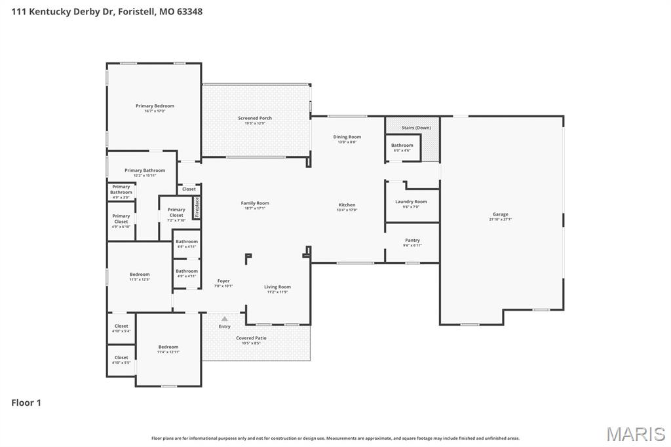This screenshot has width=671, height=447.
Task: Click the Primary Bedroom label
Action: point(155,106)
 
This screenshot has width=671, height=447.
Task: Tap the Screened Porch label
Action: point(255,119)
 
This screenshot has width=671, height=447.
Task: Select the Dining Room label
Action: point(347,137)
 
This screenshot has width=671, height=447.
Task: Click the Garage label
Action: point(500,214)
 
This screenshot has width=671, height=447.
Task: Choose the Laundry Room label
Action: point(411,202)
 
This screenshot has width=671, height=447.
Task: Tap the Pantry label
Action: point(412,241)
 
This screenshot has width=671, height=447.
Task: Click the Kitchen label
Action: point(347,205)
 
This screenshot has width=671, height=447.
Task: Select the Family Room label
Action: point(255,203)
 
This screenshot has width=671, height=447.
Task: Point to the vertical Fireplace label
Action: point(197,207)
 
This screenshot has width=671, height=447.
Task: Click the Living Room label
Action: point(277,287)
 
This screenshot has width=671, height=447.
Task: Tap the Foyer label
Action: point(223,281)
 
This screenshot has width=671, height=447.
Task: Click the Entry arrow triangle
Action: point(225,319)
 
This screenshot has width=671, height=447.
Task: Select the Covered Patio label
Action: point(251,338)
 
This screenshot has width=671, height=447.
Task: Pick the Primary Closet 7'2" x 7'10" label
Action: point(176,212)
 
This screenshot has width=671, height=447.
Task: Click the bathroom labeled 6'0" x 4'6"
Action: point(402,151)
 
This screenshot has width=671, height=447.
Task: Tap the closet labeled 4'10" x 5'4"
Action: point(121,331)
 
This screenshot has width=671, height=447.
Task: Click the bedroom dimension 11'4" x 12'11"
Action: point(168,353)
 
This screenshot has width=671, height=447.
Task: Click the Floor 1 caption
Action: point(26,403)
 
